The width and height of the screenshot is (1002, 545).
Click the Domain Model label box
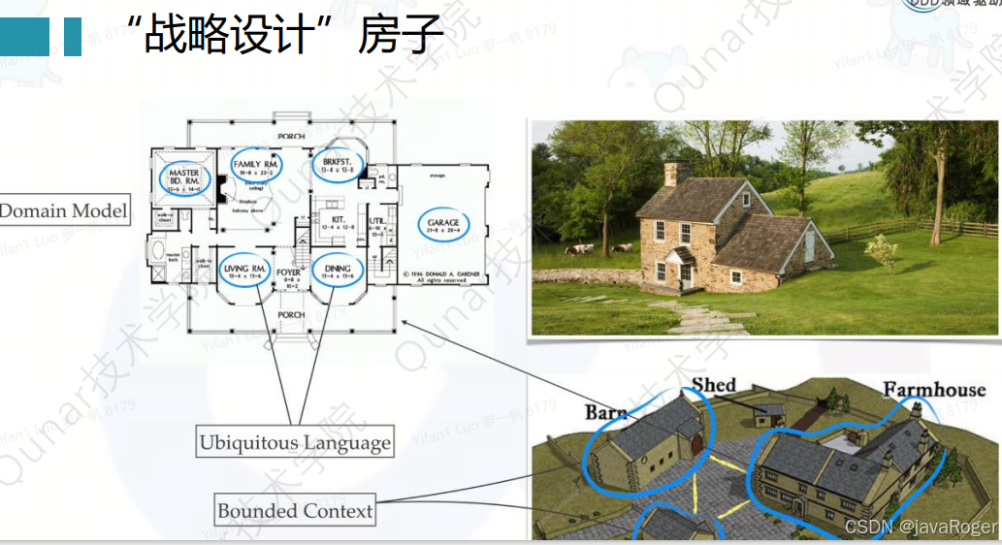(x=63, y=210)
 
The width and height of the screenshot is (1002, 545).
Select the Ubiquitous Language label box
(x=295, y=443)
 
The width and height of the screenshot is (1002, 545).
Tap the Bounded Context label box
(x=295, y=510)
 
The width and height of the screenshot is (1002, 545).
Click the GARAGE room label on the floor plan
(x=443, y=224)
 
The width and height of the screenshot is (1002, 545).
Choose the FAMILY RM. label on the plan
(x=256, y=166)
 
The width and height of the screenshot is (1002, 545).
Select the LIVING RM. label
(x=244, y=269)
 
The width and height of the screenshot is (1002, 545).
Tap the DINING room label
(x=338, y=269)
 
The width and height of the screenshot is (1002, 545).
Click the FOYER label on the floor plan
(x=290, y=273)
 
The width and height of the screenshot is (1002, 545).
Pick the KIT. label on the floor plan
(x=339, y=220)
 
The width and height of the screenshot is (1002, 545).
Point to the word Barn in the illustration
(x=605, y=413)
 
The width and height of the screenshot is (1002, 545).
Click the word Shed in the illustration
(x=714, y=385)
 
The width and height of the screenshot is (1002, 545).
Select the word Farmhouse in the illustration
(x=933, y=390)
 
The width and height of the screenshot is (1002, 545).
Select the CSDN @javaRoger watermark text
(x=921, y=527)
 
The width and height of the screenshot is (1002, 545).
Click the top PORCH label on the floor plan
(x=291, y=137)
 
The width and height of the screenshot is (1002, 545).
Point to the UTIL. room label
(x=377, y=222)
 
